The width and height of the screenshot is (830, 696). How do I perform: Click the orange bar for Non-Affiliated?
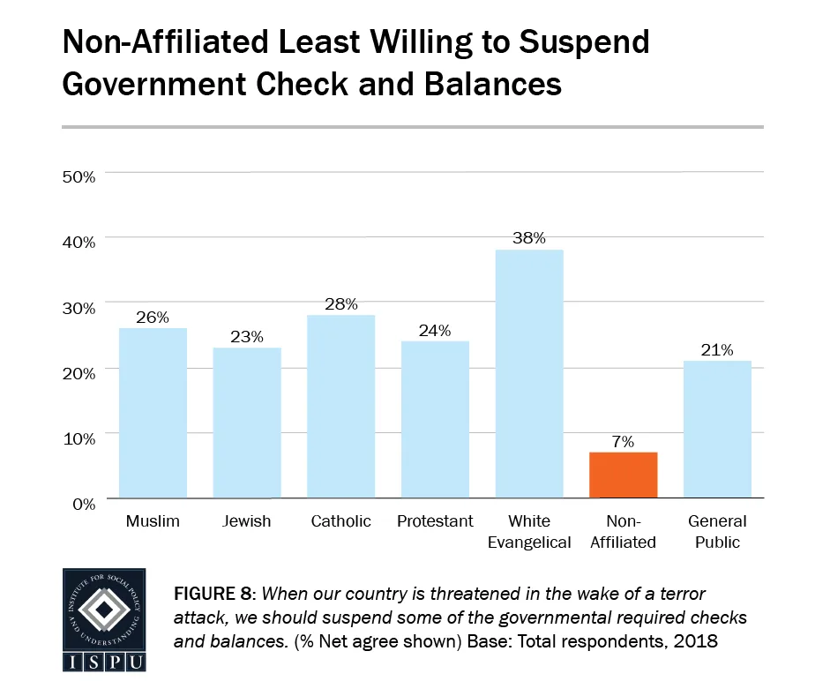(623, 475)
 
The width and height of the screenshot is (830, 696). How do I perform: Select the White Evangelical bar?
(529, 374)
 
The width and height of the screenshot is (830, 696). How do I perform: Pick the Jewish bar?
(247, 423)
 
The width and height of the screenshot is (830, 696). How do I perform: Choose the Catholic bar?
(340, 407)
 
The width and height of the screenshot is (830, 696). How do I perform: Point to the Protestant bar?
(435, 420)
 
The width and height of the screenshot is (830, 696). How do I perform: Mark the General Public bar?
(717, 430)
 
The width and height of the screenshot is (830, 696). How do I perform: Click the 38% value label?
(529, 237)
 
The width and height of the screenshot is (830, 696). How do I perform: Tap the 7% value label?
(623, 441)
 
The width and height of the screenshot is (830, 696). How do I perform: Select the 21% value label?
(717, 350)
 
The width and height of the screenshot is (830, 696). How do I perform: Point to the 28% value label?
(340, 304)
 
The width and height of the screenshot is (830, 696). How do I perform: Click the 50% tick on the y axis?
(78, 176)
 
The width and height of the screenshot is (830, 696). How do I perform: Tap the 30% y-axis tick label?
(78, 307)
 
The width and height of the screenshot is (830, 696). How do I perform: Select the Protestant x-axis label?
(435, 521)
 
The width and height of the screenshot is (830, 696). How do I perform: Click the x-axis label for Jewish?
(247, 521)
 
